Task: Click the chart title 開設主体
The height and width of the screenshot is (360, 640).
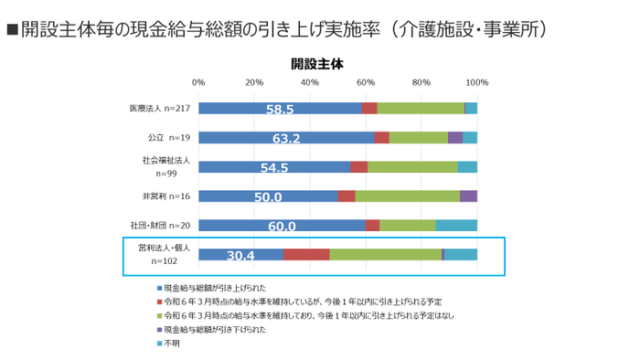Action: click(317, 64)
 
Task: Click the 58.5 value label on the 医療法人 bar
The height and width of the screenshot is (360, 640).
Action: click(279, 109)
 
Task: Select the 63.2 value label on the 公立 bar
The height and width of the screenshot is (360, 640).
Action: click(285, 138)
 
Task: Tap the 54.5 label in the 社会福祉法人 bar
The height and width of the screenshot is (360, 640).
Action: click(274, 167)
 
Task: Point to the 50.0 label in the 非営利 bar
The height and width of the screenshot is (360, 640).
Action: click(267, 196)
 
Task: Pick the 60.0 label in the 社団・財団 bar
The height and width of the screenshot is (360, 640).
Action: click(281, 226)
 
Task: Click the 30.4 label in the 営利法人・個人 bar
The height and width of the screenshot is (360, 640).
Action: click(240, 255)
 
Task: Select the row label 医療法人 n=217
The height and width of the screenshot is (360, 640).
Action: click(159, 109)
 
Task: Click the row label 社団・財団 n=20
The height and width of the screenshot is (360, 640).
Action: click(160, 226)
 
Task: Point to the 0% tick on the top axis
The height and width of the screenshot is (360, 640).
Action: click(198, 83)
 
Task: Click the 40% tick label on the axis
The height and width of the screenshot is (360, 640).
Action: click(310, 83)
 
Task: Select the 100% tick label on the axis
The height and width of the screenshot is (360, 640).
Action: click(476, 83)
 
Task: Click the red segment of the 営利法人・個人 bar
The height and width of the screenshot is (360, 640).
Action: click(306, 255)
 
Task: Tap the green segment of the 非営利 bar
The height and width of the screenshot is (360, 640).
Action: click(407, 196)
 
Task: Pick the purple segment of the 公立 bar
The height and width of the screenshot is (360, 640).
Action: click(454, 138)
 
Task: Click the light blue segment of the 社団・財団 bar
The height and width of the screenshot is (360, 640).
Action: click(456, 226)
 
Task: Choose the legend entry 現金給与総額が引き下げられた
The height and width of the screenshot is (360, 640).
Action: click(219, 330)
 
